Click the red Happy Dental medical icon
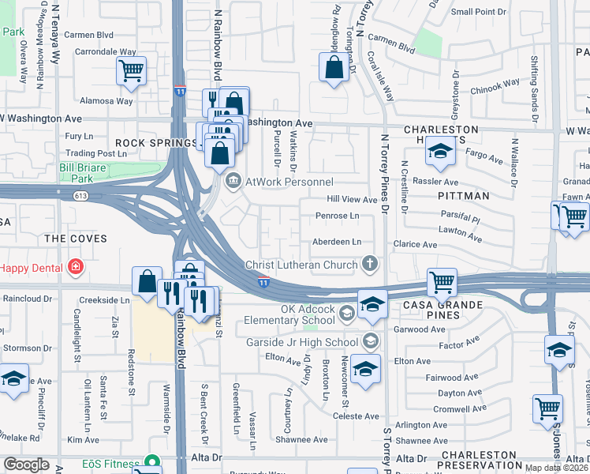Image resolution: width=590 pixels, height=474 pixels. [x=75, y=267]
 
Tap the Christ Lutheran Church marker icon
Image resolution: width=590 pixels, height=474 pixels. [x=368, y=262]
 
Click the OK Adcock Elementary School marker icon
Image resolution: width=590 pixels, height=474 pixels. [x=346, y=314]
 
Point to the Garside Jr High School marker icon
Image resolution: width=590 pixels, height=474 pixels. [x=368, y=340]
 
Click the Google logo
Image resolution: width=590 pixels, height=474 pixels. [x=26, y=465]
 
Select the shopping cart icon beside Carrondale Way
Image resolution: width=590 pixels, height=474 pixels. [x=132, y=70]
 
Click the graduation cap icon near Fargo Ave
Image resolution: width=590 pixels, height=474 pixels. [x=440, y=152]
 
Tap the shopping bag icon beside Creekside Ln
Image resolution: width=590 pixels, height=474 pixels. [x=147, y=281]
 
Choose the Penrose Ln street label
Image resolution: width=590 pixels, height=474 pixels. [x=337, y=216]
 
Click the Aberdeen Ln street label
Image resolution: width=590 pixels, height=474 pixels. [x=337, y=242]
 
